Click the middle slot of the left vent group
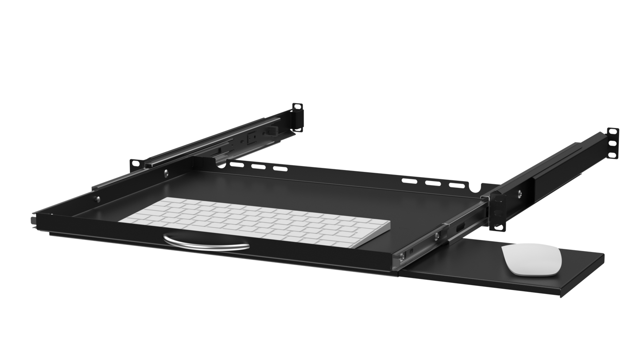[x=256, y=167]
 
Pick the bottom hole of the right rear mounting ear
[x=612, y=155]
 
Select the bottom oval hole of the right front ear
[x=498, y=227]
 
